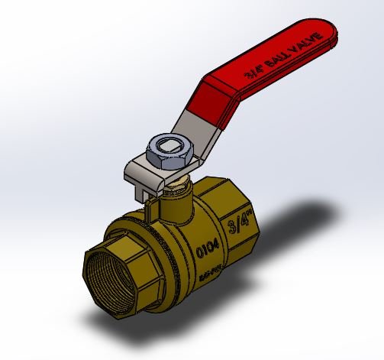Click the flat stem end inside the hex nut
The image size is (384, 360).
(164, 144)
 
